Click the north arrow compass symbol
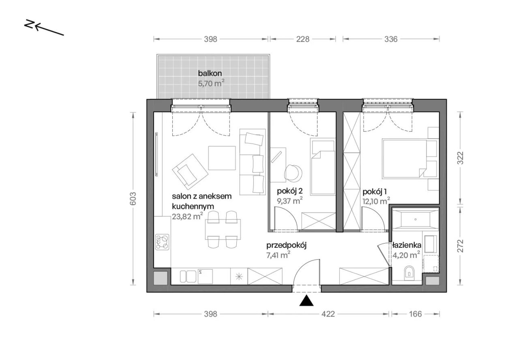tap(44, 28)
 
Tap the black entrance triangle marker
tap(306, 300)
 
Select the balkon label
tap(210, 73)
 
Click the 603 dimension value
tap(133, 199)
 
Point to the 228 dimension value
tap(303, 39)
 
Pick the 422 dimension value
tap(328, 314)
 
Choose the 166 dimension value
tap(416, 314)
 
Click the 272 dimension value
tap(460, 246)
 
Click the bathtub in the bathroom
tap(416, 219)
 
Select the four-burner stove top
tap(162, 242)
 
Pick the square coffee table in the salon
tap(222, 158)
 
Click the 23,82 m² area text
tap(187, 216)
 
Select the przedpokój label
tap(286, 246)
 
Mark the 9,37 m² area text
tap(290, 201)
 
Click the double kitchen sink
tap(188, 276)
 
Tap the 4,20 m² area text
tap(406, 255)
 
